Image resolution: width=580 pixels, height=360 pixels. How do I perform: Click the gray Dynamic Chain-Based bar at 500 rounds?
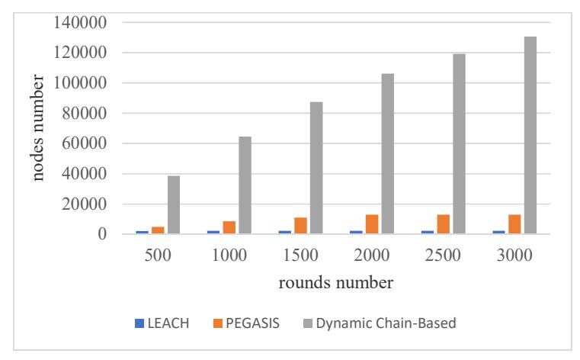tap(174, 204)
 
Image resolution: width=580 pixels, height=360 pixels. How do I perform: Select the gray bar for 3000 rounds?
tap(530, 135)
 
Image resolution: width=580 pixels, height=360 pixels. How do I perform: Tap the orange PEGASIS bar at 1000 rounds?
tap(229, 227)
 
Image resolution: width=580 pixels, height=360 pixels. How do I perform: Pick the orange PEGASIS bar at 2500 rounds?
tap(443, 224)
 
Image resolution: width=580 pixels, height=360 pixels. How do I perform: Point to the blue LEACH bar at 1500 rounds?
tap(285, 233)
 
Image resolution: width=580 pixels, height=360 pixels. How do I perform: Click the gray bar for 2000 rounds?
tap(388, 153)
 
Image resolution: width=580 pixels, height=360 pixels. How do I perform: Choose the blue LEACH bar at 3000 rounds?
tap(498, 233)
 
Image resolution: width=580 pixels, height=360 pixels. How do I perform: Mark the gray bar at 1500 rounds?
tap(316, 168)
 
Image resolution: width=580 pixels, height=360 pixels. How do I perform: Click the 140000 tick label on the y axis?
tap(80, 23)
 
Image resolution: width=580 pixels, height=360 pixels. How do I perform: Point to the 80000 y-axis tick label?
tap(85, 113)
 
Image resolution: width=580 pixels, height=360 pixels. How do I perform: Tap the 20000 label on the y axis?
tap(85, 204)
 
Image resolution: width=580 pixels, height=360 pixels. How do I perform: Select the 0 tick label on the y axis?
tap(102, 234)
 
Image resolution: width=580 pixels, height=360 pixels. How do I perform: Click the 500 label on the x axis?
tap(158, 256)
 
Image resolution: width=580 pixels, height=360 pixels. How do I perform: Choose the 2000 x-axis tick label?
tap(372, 256)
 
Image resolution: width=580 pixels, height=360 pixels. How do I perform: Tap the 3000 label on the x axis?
tap(514, 256)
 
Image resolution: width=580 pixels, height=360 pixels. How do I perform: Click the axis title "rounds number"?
tap(336, 283)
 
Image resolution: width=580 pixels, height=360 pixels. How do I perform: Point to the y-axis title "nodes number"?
tap(38, 127)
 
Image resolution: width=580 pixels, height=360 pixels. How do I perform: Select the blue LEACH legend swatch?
tap(139, 323)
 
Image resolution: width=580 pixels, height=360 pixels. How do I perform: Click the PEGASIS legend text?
tap(252, 323)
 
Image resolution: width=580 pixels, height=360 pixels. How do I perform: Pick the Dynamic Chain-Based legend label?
tap(386, 323)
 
